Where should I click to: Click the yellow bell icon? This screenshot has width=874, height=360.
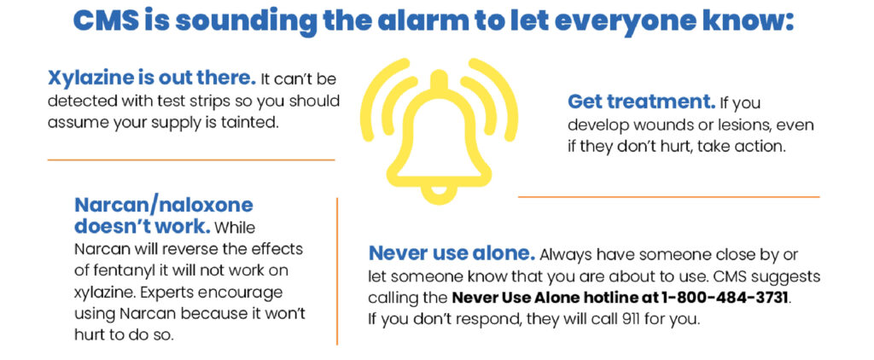click(440, 131)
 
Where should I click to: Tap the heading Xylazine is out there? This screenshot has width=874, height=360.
click(152, 78)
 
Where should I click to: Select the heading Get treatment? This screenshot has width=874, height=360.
click(642, 102)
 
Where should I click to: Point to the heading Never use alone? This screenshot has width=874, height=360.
click(452, 253)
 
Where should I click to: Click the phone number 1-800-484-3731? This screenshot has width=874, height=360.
click(725, 297)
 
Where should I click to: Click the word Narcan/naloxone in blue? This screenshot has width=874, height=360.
click(163, 205)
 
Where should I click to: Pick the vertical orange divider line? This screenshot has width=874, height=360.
click(337, 271)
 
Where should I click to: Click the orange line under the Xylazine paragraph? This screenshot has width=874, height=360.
click(190, 160)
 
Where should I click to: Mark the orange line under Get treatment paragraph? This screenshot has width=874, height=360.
click(669, 197)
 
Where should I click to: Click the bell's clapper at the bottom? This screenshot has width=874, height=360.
click(440, 195)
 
